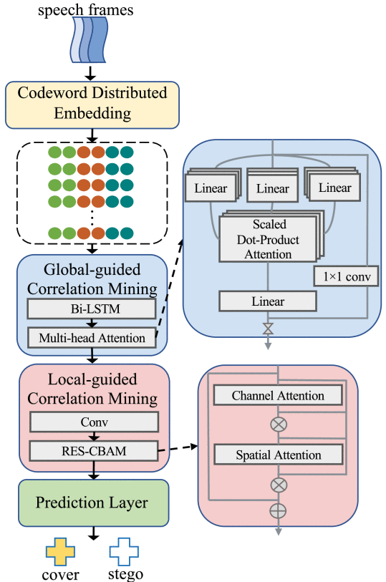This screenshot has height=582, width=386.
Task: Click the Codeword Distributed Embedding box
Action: tap(92, 105)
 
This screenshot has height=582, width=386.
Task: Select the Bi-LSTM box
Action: tap(92, 309)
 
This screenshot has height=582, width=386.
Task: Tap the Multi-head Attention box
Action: tap(92, 338)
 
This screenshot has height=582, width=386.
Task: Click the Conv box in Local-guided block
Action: tap(95, 422)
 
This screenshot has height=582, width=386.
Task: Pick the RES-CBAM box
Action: tap(94, 451)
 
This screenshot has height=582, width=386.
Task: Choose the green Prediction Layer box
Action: tap(94, 503)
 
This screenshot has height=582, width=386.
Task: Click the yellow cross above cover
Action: tap(60, 552)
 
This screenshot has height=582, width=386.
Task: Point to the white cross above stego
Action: tap(124, 552)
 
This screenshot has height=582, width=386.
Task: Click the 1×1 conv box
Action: tap(346, 276)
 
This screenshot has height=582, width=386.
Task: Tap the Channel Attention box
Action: tap(278, 395)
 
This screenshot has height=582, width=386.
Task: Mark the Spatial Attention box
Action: tap(279, 455)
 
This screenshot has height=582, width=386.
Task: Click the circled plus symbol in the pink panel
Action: tap(278, 510)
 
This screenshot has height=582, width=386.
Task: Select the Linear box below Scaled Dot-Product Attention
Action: tap(268, 301)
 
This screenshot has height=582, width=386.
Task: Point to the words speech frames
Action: tap(86, 9)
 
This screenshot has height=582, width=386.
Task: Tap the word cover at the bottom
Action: tap(60, 575)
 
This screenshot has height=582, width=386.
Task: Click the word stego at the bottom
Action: tap(125, 574)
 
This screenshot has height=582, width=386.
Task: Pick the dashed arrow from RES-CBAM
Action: tap(178, 448)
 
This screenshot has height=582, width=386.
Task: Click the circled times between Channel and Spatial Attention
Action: tap(279, 424)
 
